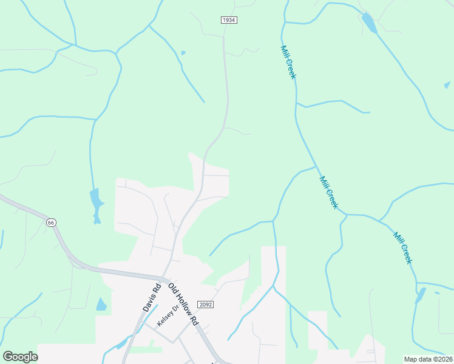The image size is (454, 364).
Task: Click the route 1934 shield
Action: click(228, 20)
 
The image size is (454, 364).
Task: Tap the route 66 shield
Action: click(52, 223)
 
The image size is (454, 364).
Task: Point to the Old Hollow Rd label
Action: click(183, 303)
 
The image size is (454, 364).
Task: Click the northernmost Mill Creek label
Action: click(288, 62)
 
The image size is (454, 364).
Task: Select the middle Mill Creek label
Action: click(328, 192)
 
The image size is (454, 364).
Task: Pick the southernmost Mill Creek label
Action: click(402, 248)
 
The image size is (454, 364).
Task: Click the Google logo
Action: click(20, 357)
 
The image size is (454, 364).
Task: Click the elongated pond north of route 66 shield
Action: click(95, 204)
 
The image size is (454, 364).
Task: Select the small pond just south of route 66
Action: click(101, 305)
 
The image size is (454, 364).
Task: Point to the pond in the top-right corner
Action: click(368, 23)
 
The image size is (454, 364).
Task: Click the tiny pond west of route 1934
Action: click(183, 53)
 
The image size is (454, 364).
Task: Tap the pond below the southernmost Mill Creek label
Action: click(420, 295)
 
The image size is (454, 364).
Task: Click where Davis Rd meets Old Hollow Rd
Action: click(163, 280)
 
